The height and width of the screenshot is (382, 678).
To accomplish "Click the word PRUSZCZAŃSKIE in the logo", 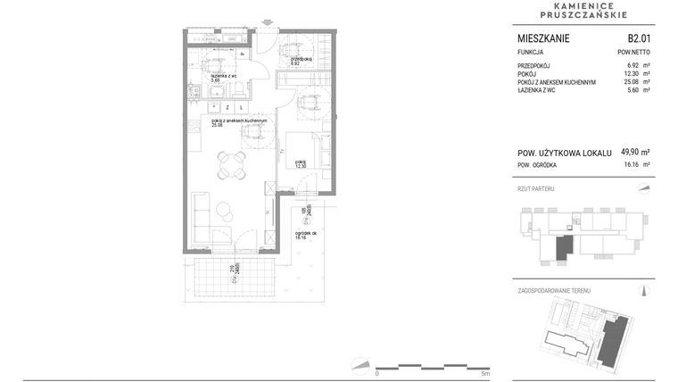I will pos(585,15).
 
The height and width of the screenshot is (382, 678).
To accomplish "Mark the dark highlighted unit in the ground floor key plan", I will pos(564,247).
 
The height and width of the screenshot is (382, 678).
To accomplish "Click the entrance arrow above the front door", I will pos(266,23).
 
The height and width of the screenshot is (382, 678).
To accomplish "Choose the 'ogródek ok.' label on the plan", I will pos(308,234).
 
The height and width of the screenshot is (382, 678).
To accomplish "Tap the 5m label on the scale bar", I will pos(484,373).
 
